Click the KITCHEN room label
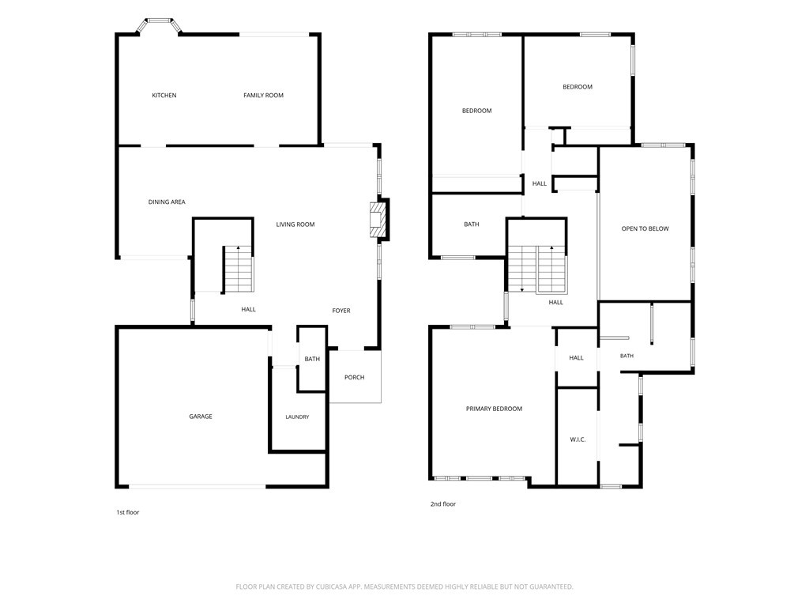pyautogui.click(x=164, y=96)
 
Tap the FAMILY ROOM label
pyautogui.click(x=264, y=96)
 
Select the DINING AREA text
pyautogui.click(x=167, y=202)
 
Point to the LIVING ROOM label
pyautogui.click(x=295, y=224)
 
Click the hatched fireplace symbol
pyautogui.click(x=378, y=220)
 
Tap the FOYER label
pyautogui.click(x=341, y=311)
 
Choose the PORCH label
pyautogui.click(x=355, y=377)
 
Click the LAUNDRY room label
pyautogui.click(x=297, y=417)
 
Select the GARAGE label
pyautogui.click(x=201, y=417)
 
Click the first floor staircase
pyautogui.click(x=239, y=270)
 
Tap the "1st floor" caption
pyautogui.click(x=127, y=512)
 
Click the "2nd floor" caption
pyautogui.click(x=443, y=504)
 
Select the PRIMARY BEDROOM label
pyautogui.click(x=495, y=409)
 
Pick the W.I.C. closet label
pyautogui.click(x=578, y=439)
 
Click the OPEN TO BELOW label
pyautogui.click(x=645, y=228)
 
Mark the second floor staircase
pyautogui.click(x=537, y=270)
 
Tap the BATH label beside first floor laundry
pyautogui.click(x=312, y=360)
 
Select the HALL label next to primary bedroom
pyautogui.click(x=576, y=358)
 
